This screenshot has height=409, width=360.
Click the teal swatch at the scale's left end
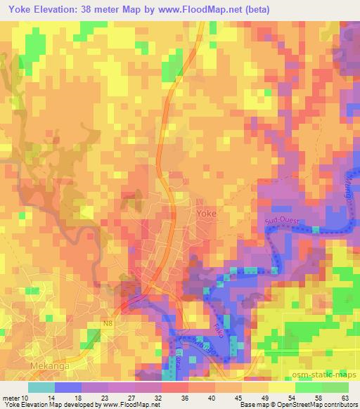(x=41, y=387)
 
